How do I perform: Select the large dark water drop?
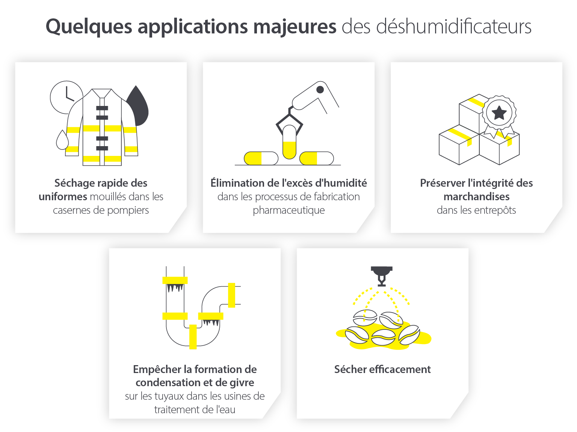138,107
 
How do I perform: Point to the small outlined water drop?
62,140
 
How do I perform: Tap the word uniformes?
63,196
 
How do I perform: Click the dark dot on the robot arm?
320,89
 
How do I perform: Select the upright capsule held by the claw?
289,142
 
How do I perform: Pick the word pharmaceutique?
288,210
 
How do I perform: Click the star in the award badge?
499,112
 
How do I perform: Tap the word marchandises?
476,196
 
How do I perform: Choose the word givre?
242,382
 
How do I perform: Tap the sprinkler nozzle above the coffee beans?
382,276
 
